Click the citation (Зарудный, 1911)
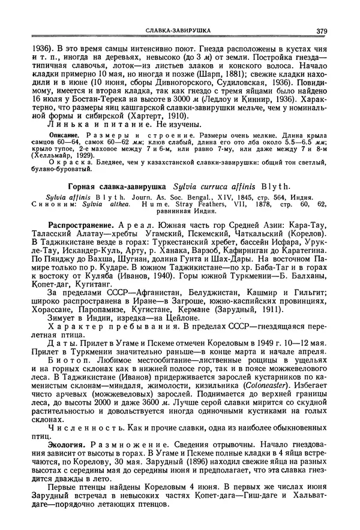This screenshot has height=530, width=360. [x=241, y=309]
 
